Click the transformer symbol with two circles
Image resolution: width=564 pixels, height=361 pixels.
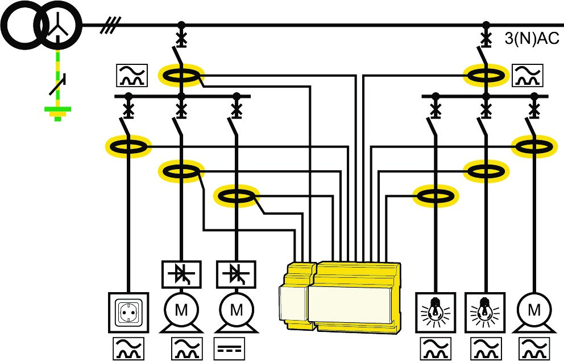[x=40, y=24]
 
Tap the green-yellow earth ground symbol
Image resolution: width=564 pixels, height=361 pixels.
[x=57, y=112]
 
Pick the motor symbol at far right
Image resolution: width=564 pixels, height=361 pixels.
[x=534, y=311]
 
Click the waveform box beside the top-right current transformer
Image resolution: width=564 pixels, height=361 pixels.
[x=528, y=75]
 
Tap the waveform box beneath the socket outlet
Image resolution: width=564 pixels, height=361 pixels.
[x=128, y=349]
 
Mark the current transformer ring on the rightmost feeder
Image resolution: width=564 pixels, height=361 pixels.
[x=534, y=146]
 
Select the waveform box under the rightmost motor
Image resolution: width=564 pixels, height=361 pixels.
[x=534, y=349]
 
